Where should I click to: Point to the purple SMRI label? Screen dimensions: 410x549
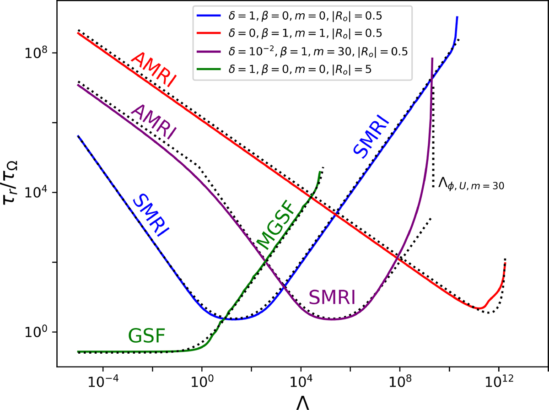332,297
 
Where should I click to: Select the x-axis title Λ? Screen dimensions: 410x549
302,402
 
